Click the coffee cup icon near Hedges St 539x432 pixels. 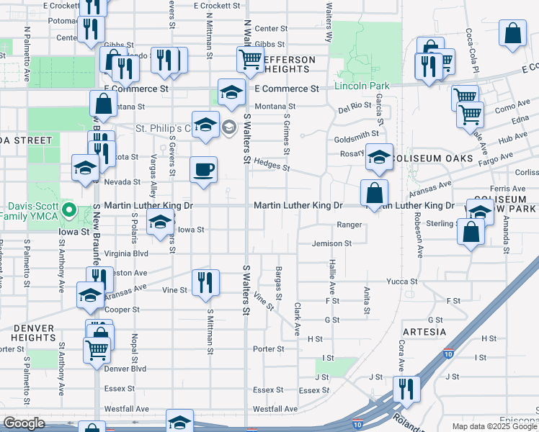click(x=203, y=169)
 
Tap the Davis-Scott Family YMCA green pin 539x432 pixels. click(x=69, y=211)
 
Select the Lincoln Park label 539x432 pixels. click(x=362, y=86)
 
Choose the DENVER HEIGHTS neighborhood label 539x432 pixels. click(x=34, y=333)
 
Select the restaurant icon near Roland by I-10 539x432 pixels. click(x=406, y=389)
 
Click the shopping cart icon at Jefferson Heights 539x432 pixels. click(x=249, y=60)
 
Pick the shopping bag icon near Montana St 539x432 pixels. click(x=103, y=104)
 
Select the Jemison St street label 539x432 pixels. click(x=331, y=244)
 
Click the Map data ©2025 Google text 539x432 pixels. click(x=494, y=426)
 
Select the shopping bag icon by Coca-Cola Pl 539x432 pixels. click(x=512, y=34)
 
